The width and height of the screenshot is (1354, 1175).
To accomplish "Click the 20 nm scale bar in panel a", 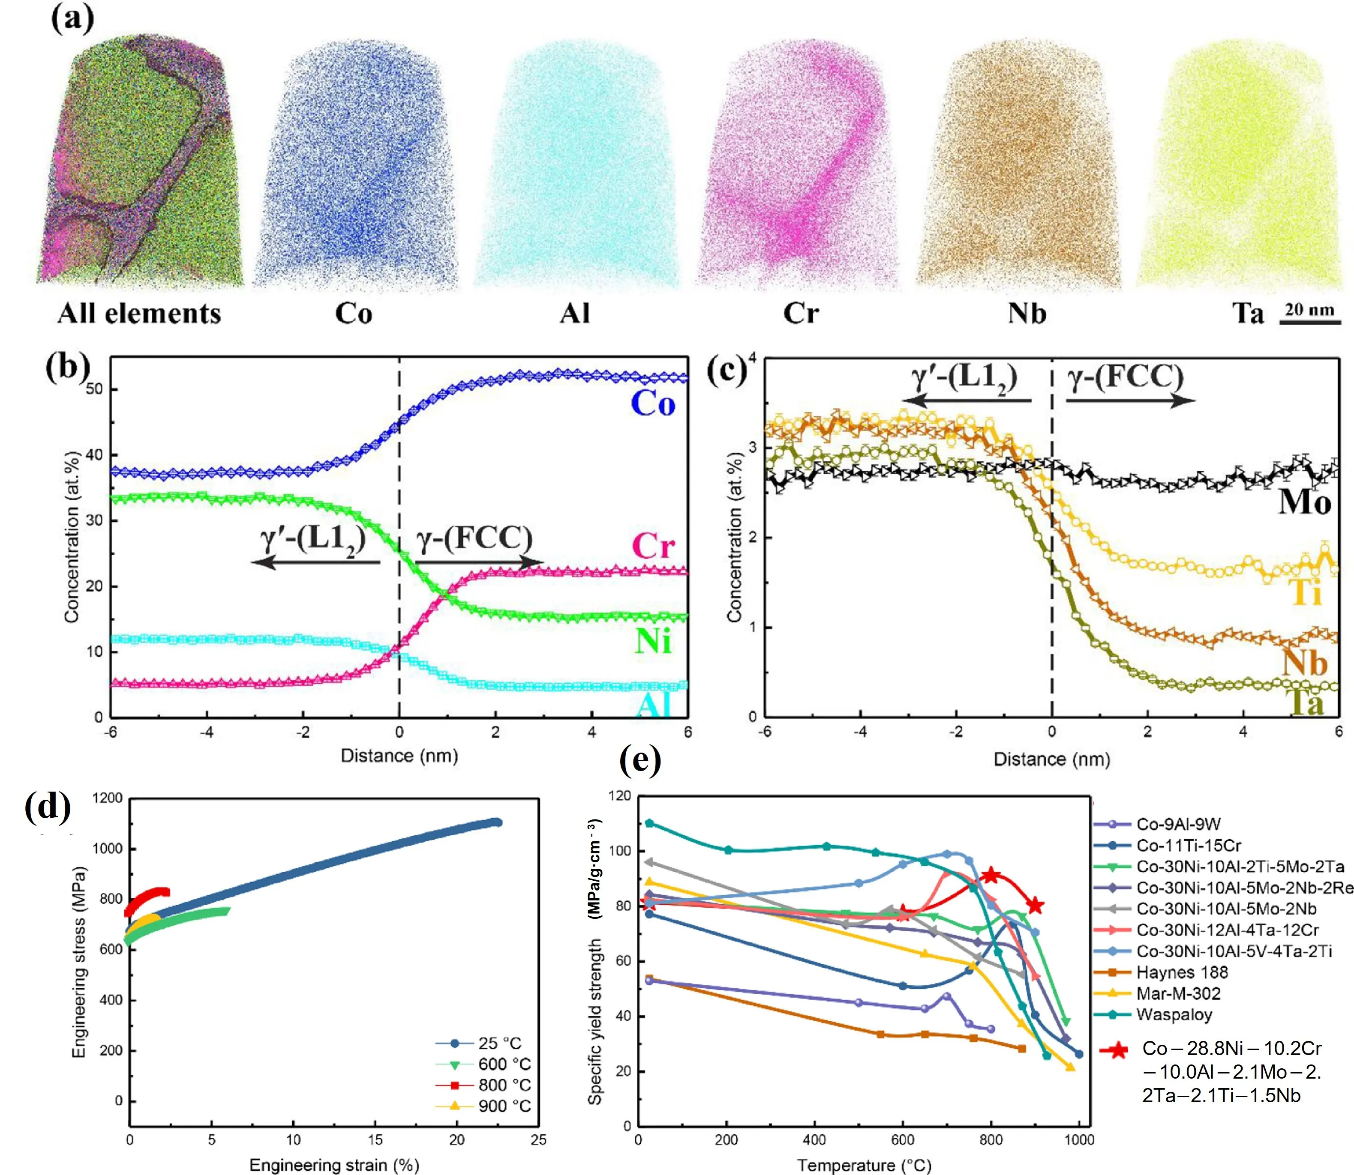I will (1309, 322).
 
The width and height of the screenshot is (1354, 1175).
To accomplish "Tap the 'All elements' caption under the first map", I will (139, 314).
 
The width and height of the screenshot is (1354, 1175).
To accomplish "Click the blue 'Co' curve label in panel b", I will (653, 403).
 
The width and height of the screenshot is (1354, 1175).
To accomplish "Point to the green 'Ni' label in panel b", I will (653, 640).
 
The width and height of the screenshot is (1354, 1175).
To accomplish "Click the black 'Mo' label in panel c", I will (1305, 502).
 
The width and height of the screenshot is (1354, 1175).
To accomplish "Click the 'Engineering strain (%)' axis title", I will (334, 1165).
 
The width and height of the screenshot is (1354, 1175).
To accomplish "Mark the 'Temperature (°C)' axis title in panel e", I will (864, 1165).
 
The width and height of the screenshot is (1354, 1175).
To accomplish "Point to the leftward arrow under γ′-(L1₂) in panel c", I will (966, 401).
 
